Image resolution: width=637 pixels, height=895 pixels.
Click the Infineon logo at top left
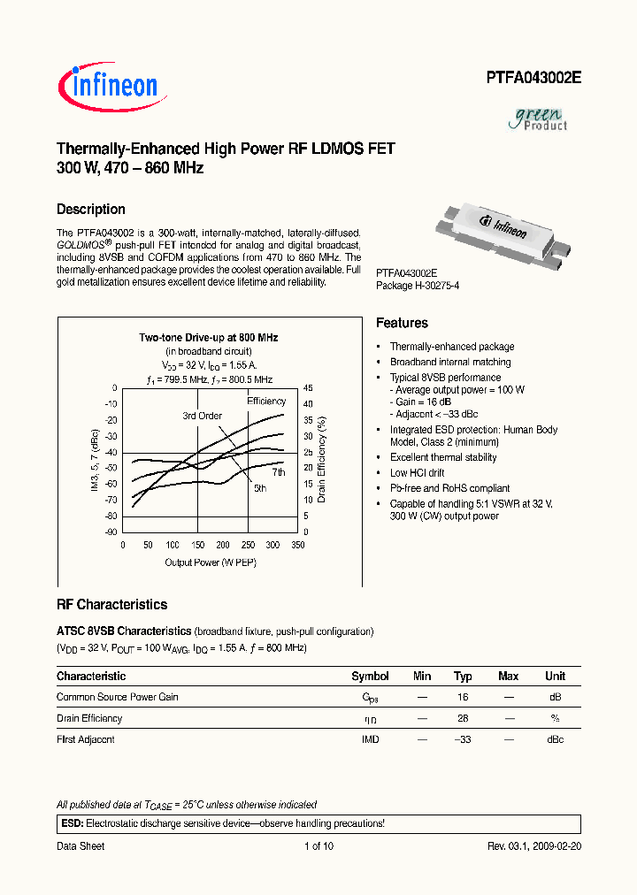tap(108, 85)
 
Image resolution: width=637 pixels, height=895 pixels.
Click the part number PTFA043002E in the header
tap(533, 77)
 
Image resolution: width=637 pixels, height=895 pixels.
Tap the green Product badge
tap(541, 119)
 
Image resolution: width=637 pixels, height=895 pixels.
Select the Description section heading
tap(90, 210)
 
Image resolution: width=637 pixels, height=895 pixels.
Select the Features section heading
tap(402, 324)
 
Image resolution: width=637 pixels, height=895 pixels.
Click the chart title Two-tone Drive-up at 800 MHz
tap(209, 338)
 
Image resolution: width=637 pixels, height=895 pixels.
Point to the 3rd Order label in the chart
tap(202, 416)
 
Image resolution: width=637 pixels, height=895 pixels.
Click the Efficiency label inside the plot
tap(266, 402)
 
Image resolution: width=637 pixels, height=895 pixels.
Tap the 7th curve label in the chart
tap(279, 473)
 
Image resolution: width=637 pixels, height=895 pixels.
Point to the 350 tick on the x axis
tap(298, 546)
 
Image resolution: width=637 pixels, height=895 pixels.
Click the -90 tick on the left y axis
tap(111, 532)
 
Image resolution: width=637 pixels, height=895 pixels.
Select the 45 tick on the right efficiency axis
tap(308, 388)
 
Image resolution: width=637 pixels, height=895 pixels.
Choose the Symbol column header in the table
tap(370, 677)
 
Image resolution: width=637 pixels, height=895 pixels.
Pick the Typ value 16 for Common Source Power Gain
tap(462, 697)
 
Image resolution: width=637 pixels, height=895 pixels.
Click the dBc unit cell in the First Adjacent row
tap(555, 739)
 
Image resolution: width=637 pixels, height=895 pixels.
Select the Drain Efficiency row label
tap(89, 718)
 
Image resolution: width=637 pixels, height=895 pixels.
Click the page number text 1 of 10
tap(318, 846)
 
